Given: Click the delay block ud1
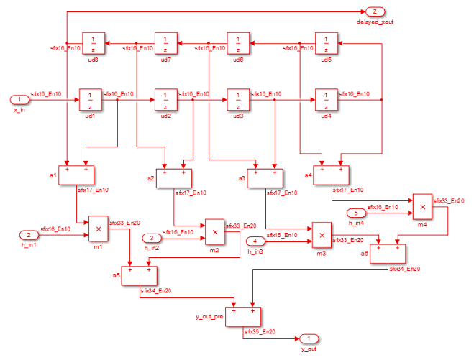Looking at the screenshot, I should click(x=90, y=99).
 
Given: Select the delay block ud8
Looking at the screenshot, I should click(x=94, y=43).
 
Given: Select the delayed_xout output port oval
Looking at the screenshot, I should click(x=375, y=11).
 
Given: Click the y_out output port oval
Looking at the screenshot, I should click(x=309, y=338).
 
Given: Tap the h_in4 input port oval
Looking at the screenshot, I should click(x=357, y=213).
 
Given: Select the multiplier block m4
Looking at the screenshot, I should click(x=421, y=206).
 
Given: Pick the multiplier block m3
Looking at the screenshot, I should click(x=322, y=234).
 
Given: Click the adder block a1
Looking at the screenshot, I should click(x=77, y=175).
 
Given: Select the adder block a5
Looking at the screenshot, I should click(x=139, y=276).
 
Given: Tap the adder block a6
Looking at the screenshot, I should click(x=388, y=254).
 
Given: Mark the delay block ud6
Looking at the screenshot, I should click(x=238, y=43).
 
